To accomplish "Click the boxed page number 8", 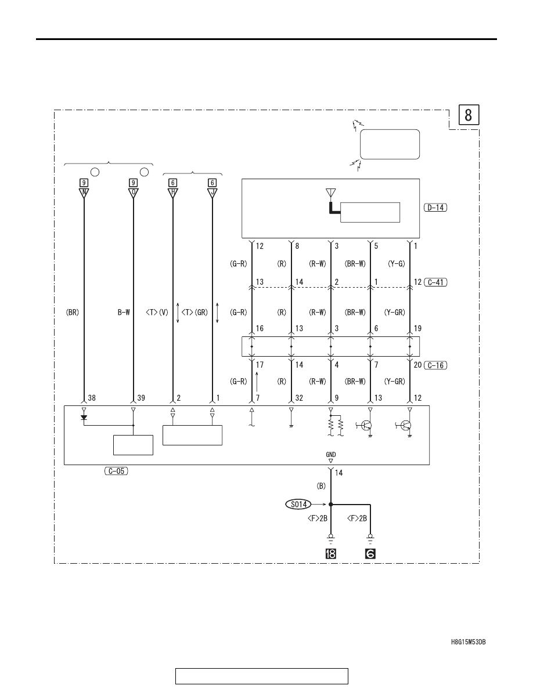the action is coord(469,115).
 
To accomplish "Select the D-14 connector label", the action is coord(435,208).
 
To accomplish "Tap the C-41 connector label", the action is coord(436,282).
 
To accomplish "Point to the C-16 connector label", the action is coord(436,365).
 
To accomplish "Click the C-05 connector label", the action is coord(116,471).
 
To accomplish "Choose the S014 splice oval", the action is coord(298,504).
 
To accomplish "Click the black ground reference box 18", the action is coord(331,554).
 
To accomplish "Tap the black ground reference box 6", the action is coord(370,554).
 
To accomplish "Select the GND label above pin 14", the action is coord(331,455).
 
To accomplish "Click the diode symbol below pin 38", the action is coord(84,418).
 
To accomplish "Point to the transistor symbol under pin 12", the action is coord(406,426).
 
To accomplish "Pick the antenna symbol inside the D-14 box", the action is coord(330,193).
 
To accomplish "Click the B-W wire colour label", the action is coord(124,313).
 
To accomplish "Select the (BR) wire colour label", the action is coord(73,313).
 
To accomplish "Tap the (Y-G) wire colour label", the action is coord(396,264).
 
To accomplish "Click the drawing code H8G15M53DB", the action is coord(469,642).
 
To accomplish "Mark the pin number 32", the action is coord(299,398).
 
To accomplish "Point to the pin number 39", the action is coord(141,398).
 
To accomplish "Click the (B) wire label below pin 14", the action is coord(322,486).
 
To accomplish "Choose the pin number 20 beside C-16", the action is coord(417,365).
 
